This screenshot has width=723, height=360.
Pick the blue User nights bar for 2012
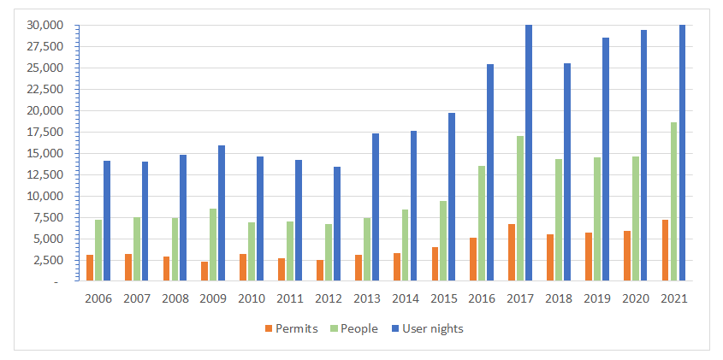click(x=336, y=224)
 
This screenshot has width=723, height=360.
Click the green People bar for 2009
click(x=213, y=245)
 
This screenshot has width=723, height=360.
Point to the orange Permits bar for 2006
click(x=90, y=268)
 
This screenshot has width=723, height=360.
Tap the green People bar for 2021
click(x=673, y=202)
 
